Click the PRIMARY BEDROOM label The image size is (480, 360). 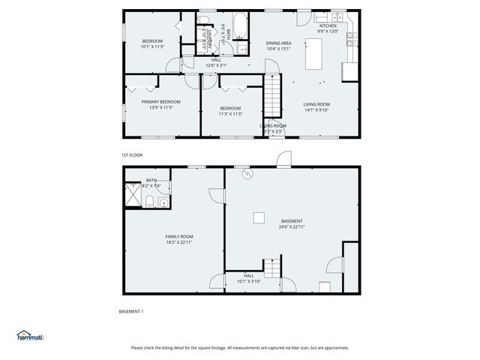pos(161,101)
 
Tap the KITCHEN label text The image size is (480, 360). pos(328,26)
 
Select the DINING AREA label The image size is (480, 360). pos(278,43)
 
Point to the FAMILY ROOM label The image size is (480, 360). pos(179,236)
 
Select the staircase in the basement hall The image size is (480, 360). pos(271,267)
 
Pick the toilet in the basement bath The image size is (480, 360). pos(149,199)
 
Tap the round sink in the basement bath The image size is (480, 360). pos(163,201)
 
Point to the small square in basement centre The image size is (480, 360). pos(258,217)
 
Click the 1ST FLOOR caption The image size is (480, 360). pos(132,155)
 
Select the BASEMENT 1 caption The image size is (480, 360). pos(131,311)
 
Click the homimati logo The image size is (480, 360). pos(30,337)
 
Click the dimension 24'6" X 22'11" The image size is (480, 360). pos(292,226)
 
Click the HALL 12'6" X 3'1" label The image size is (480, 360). pos(216,62)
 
